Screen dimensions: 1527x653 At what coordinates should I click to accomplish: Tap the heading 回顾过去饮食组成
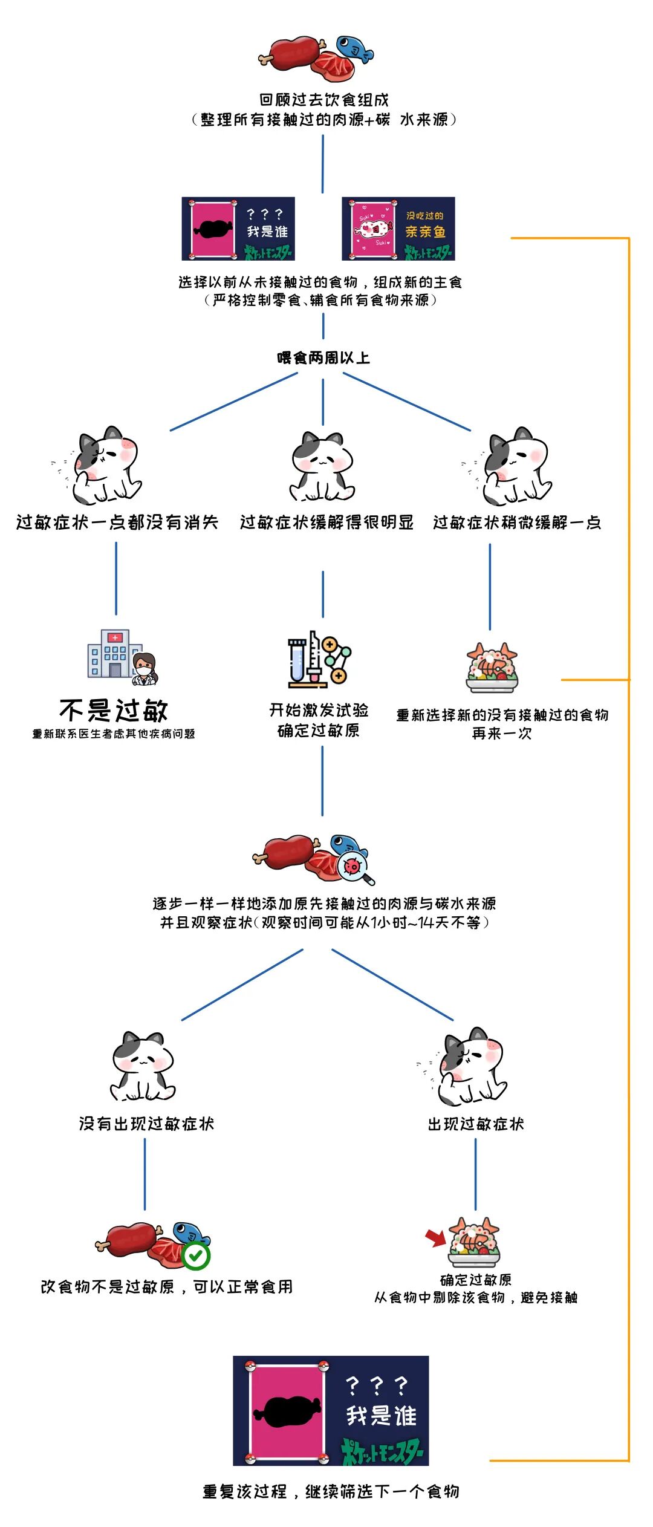[x=324, y=100]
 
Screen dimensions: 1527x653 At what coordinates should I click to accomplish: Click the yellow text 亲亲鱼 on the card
[x=425, y=232]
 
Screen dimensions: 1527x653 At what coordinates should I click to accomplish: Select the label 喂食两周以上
[x=323, y=357]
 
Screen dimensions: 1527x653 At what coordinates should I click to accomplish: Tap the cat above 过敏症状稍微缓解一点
[x=517, y=466]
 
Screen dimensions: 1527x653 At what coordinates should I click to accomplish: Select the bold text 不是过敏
[x=114, y=710]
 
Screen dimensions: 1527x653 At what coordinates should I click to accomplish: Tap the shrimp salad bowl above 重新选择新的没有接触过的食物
[x=492, y=668]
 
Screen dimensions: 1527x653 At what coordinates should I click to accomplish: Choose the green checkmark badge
[x=196, y=1256]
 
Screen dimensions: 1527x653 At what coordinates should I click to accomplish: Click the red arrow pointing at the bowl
[x=435, y=1237]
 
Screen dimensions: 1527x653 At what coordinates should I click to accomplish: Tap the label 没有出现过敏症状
[x=146, y=1124]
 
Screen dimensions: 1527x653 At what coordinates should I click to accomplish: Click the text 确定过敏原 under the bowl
[x=476, y=1280]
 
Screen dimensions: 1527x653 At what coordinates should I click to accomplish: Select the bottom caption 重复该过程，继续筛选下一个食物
[x=330, y=1491]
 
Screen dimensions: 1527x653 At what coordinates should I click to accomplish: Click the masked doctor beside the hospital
[x=145, y=669]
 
